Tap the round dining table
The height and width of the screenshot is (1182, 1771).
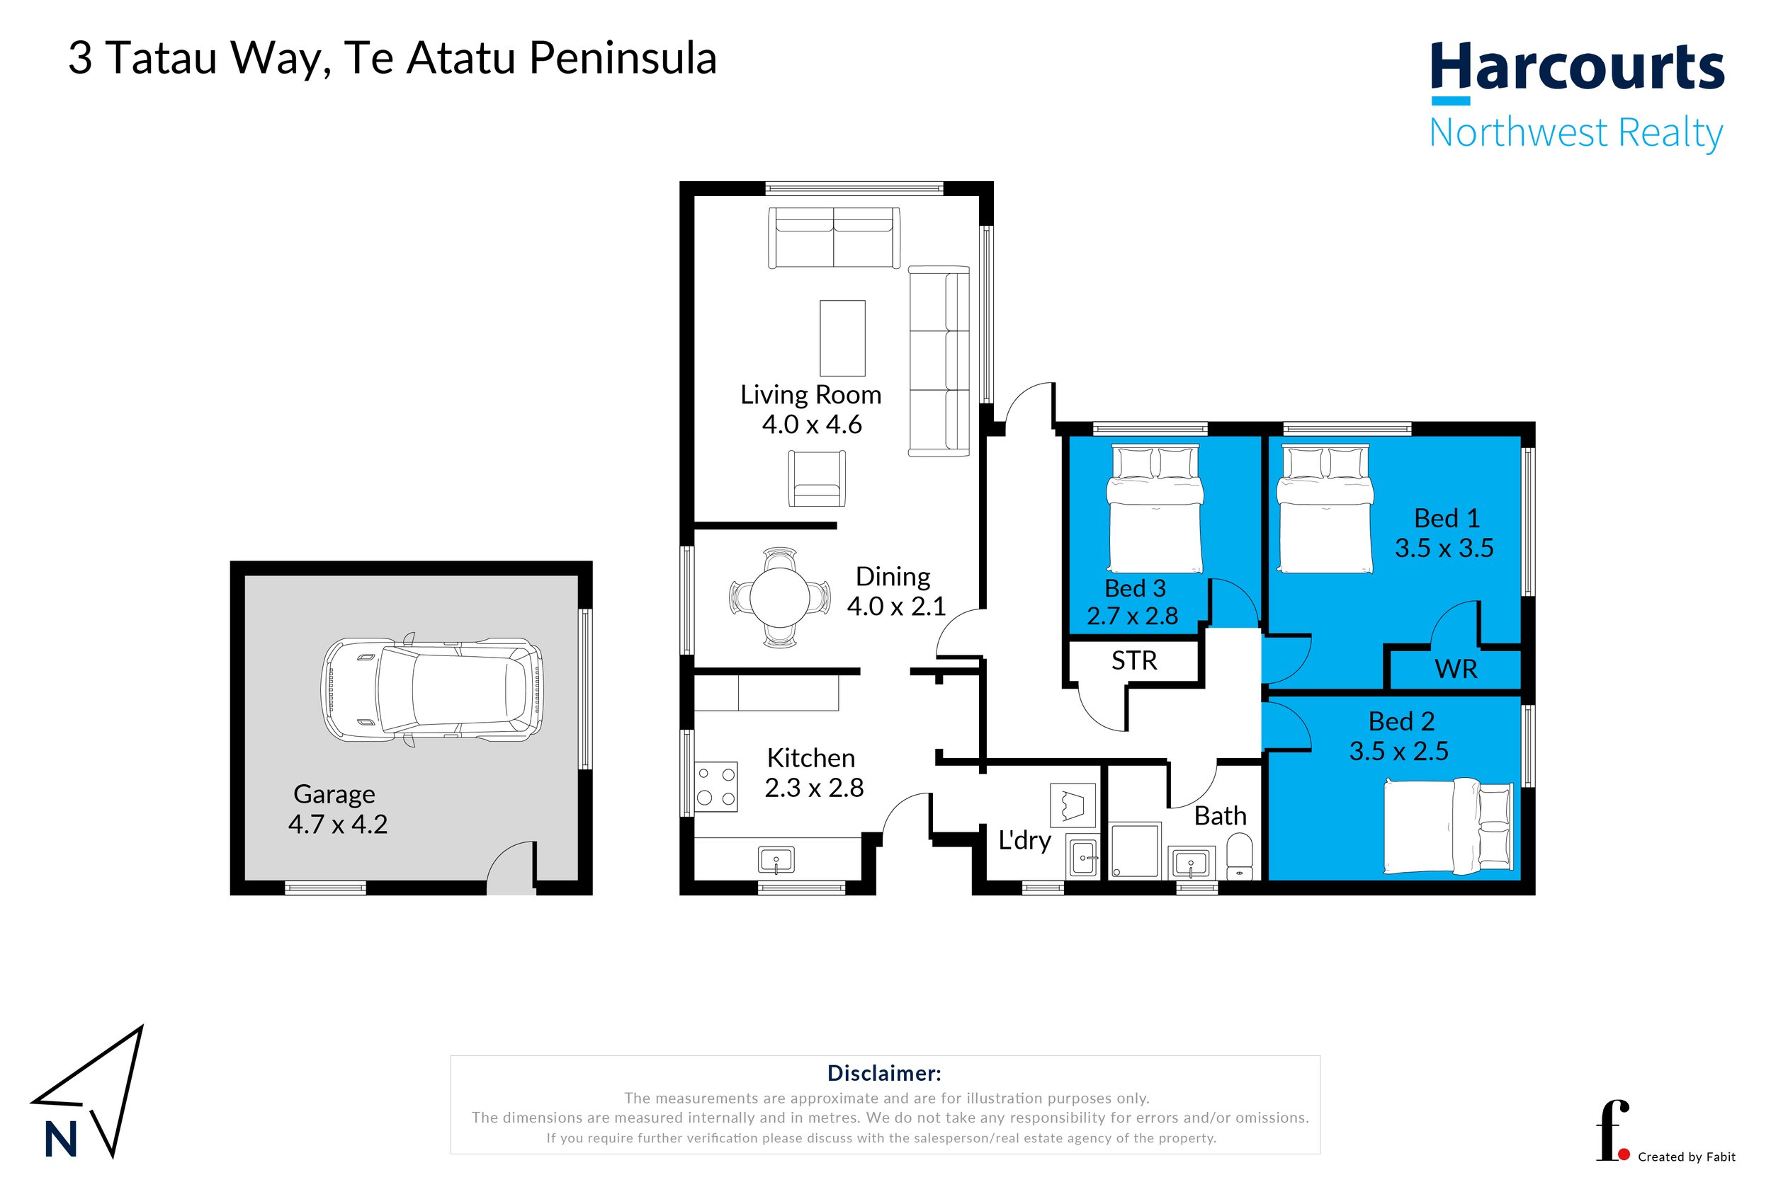[780, 598]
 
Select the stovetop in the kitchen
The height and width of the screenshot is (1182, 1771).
[715, 786]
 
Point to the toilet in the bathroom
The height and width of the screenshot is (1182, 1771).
[1239, 857]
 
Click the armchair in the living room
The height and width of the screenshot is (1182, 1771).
[816, 478]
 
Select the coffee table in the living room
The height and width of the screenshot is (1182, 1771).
[842, 338]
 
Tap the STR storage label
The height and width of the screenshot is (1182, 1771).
[1134, 661]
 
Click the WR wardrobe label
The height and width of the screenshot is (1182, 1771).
[1456, 670]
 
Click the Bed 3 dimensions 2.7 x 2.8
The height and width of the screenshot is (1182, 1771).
[1132, 616]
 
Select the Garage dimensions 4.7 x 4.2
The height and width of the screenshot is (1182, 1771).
[338, 825]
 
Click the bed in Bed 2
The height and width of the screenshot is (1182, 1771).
[1448, 827]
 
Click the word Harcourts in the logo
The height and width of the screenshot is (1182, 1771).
[1578, 68]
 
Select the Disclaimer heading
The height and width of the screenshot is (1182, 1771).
[884, 1074]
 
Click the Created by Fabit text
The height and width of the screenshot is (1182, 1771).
[1687, 1157]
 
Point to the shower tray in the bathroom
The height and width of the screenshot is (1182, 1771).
[1135, 851]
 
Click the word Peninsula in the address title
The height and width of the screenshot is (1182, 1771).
[622, 59]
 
